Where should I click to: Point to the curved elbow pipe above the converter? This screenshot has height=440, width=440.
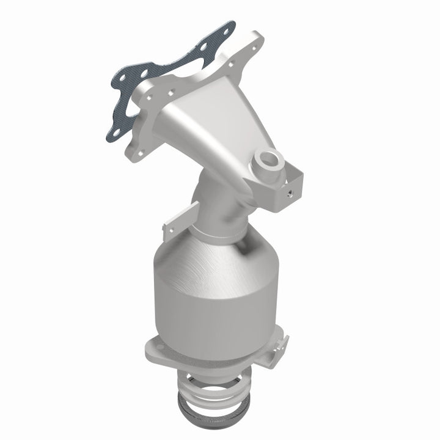click(217, 202)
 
